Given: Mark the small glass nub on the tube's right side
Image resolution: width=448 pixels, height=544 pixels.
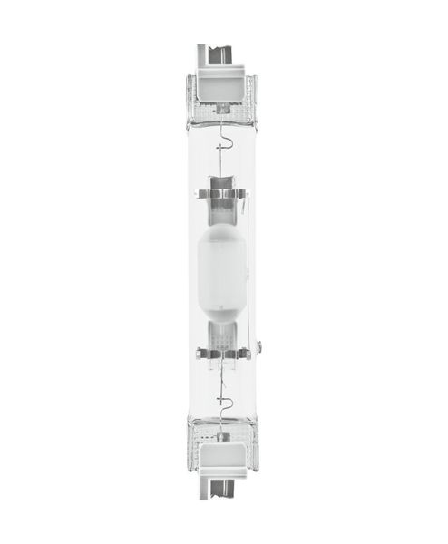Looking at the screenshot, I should [x=259, y=345].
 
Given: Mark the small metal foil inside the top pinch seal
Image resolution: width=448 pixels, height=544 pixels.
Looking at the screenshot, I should [x=223, y=113].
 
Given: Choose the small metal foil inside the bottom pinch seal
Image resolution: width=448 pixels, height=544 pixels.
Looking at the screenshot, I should [x=223, y=431].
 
